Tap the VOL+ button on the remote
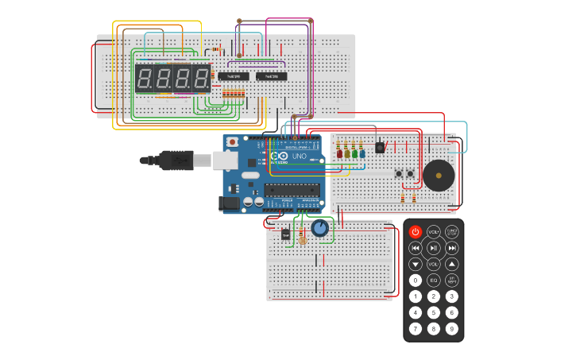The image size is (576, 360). pyautogui.click(x=434, y=232)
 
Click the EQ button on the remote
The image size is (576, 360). pyautogui.click(x=434, y=280)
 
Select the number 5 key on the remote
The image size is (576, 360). pyautogui.click(x=434, y=312)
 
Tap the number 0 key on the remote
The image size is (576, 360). pyautogui.click(x=416, y=280)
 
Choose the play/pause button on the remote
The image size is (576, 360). pyautogui.click(x=434, y=248)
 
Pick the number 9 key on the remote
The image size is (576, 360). pyautogui.click(x=452, y=328)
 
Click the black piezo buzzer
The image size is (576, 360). pyautogui.click(x=439, y=175)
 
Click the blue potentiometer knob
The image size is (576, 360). pyautogui.click(x=319, y=229)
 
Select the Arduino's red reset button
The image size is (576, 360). pyautogui.click(x=232, y=141)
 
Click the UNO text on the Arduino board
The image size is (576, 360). pyautogui.click(x=300, y=157)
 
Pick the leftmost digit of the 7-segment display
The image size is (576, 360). pyautogui.click(x=145, y=79)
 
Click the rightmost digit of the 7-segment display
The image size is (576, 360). pyautogui.click(x=201, y=79)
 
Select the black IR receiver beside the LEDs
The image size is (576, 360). pyautogui.click(x=380, y=147)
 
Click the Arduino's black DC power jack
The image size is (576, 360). pyautogui.click(x=229, y=203)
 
